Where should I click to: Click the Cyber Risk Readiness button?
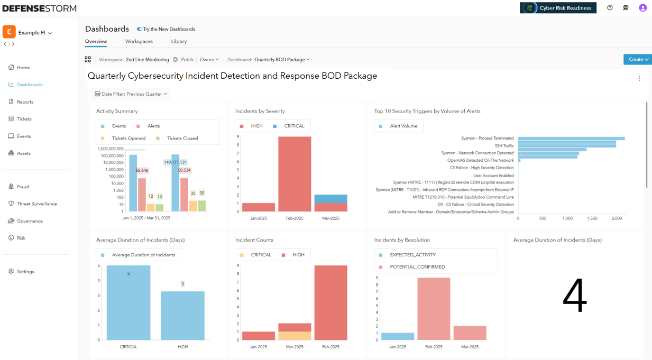click(558, 8)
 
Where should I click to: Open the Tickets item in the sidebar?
click(24, 119)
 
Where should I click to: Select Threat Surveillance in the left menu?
click(36, 204)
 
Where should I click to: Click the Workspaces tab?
click(139, 41)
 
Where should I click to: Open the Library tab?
click(179, 41)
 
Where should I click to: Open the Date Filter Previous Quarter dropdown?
click(131, 94)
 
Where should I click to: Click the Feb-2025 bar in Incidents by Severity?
click(295, 174)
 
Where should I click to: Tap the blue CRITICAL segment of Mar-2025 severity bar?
click(330, 199)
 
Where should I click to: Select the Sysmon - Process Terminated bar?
click(571, 139)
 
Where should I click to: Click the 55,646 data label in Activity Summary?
click(142, 171)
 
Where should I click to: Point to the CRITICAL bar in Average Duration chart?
click(128, 303)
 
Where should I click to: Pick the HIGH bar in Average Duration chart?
click(182, 316)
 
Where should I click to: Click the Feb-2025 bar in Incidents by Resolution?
click(434, 309)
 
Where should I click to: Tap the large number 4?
click(575, 295)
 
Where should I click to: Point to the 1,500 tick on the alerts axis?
click(592, 218)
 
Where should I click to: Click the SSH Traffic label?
click(504, 146)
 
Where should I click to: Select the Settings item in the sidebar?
click(25, 272)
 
